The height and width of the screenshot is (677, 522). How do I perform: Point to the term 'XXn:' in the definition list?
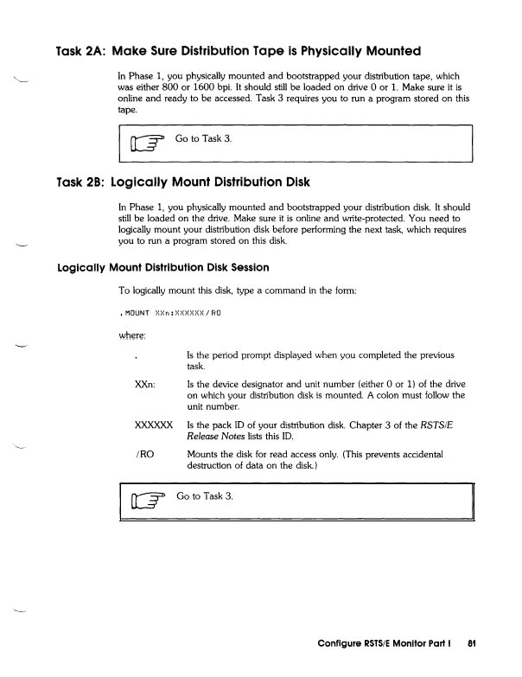144,384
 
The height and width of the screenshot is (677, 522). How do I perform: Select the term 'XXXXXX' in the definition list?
154,425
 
